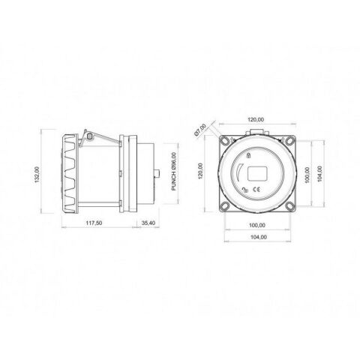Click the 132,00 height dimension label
click(37, 175)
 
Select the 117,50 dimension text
click(94, 223)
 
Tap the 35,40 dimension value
click(148, 223)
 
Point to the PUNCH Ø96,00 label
click(174, 172)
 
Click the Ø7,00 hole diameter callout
click(200, 130)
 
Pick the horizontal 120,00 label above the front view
click(256, 120)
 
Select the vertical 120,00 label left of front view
click(200, 171)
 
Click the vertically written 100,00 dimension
click(307, 175)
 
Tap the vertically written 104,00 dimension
click(319, 173)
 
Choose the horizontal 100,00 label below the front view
click(257, 225)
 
